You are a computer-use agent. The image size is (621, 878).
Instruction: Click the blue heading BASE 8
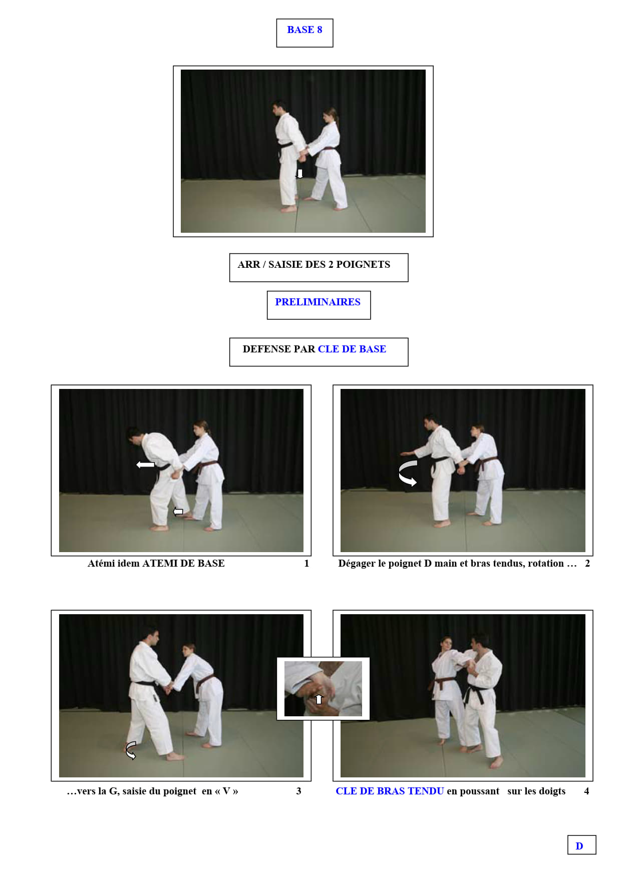[304, 30]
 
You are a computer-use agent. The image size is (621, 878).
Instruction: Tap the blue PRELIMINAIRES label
[318, 302]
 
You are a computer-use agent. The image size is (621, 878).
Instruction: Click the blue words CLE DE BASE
[352, 349]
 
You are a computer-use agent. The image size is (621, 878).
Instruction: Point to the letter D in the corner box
[579, 846]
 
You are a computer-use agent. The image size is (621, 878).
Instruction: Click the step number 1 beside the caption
[306, 563]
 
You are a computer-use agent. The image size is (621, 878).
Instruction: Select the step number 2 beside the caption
[587, 563]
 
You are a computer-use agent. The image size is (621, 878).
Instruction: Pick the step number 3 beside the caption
[298, 791]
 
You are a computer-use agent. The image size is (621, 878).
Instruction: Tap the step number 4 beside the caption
[586, 791]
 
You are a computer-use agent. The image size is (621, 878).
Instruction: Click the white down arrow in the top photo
[300, 174]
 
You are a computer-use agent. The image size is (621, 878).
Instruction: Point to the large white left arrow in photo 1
[145, 465]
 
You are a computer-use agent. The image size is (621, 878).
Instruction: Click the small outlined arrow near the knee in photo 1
[178, 511]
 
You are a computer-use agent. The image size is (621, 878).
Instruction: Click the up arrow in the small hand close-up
[319, 699]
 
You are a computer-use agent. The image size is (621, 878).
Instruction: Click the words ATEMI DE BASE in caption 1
[183, 563]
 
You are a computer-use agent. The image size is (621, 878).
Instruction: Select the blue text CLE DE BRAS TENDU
[390, 791]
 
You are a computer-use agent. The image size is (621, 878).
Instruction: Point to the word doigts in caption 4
[552, 791]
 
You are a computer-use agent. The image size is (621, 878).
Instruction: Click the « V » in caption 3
[226, 791]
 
